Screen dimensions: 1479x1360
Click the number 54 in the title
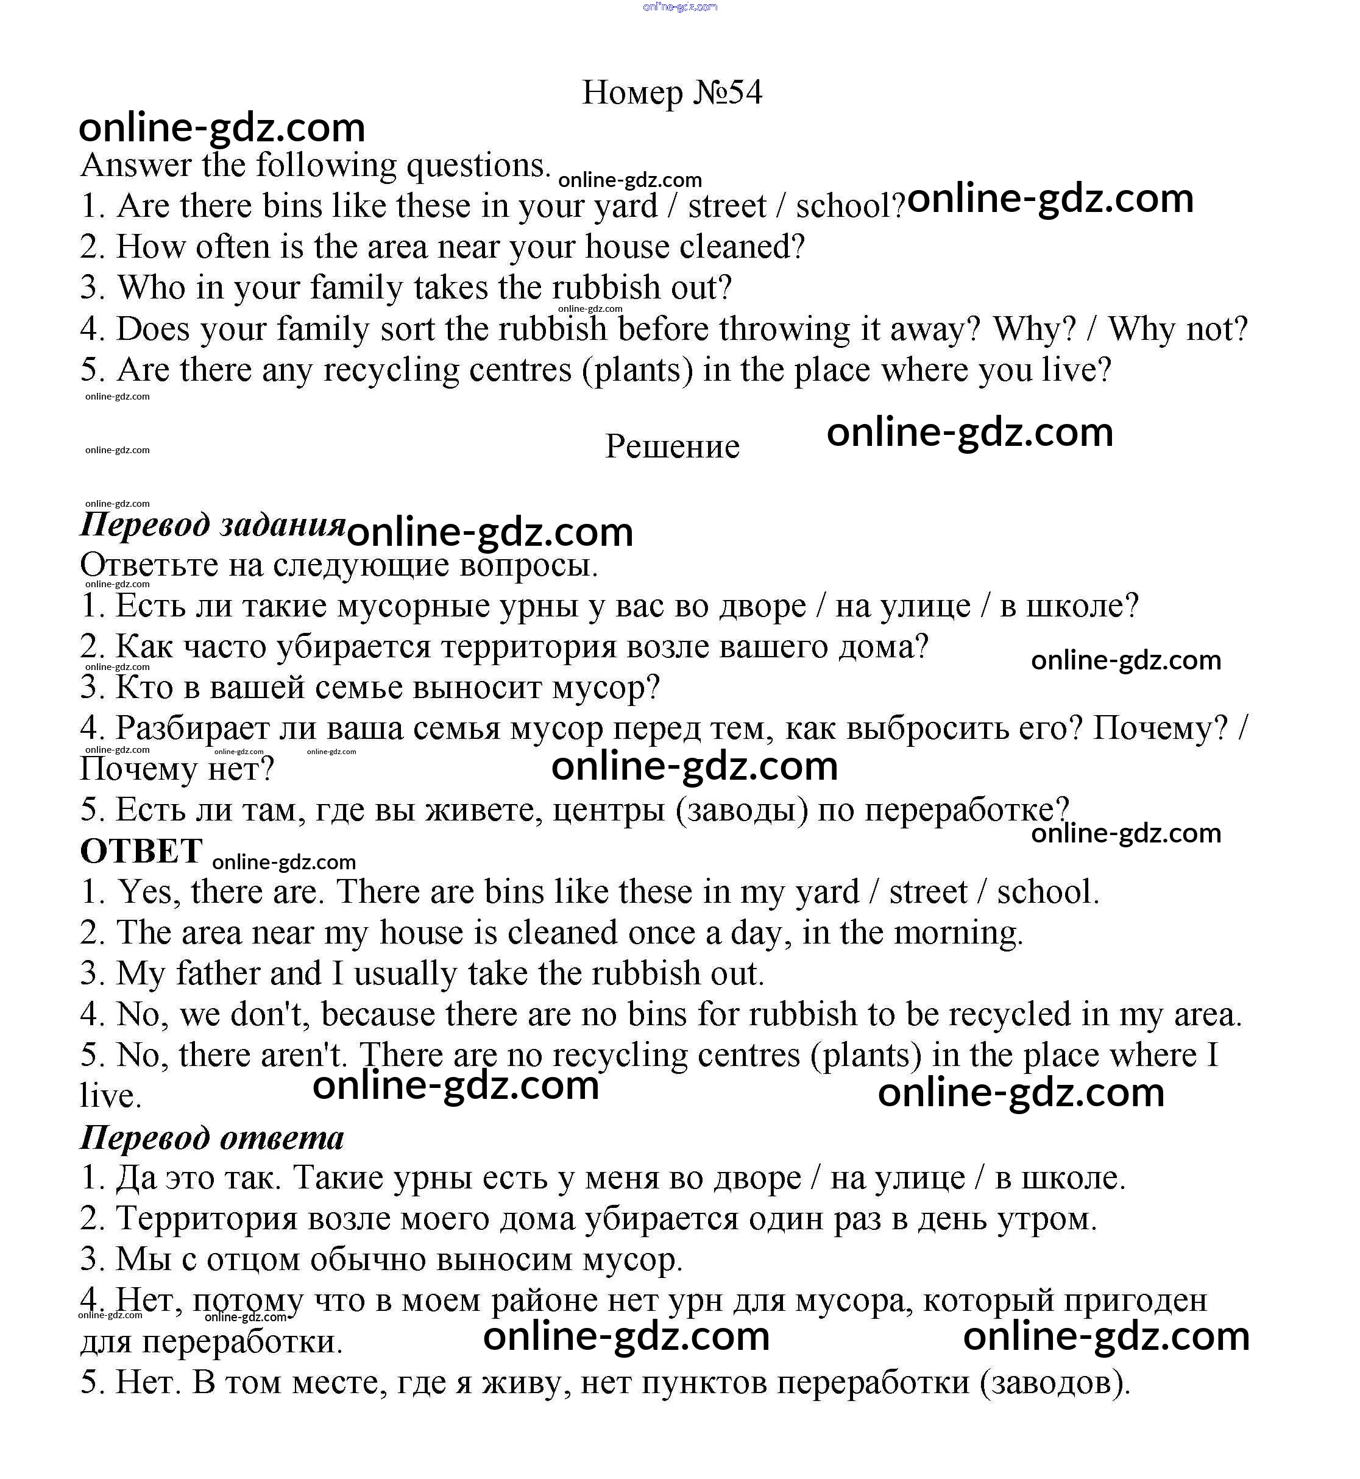[x=745, y=93]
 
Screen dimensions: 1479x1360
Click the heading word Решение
[x=672, y=446]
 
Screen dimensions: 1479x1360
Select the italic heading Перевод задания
[x=212, y=524]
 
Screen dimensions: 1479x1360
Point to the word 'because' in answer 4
[x=378, y=1015]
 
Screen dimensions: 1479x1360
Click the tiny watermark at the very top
[x=679, y=7]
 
